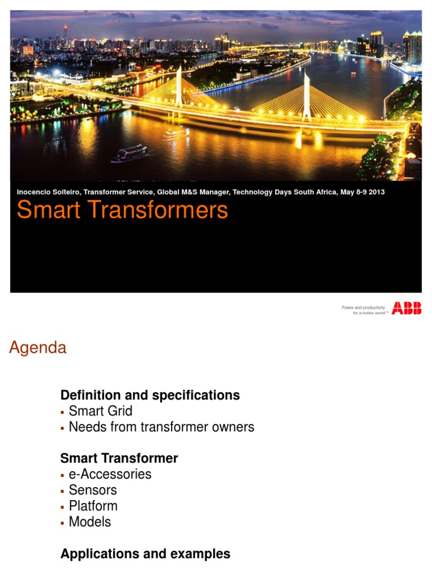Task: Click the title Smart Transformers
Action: click(x=122, y=210)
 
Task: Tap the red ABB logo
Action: click(x=406, y=308)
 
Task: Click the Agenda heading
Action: click(x=38, y=348)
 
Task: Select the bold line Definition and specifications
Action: click(x=150, y=395)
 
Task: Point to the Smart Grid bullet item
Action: click(x=100, y=411)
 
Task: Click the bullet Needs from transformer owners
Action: click(x=161, y=427)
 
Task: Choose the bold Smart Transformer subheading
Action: click(x=119, y=458)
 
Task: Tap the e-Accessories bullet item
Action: click(x=110, y=474)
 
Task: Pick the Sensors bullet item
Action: click(x=93, y=490)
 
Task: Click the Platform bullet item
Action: click(x=93, y=506)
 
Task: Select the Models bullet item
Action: click(x=89, y=521)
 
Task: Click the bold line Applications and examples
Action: click(x=145, y=553)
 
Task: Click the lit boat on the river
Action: click(x=129, y=152)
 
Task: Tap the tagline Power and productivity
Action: click(x=363, y=308)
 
